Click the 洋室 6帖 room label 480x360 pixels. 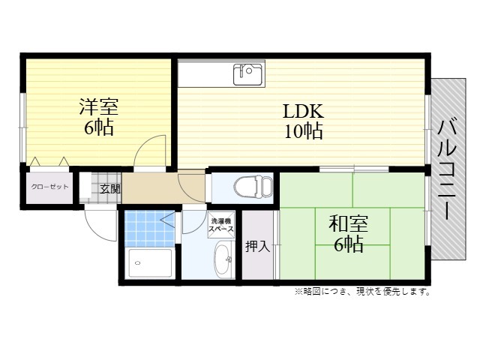click(x=98, y=116)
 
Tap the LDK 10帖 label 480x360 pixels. click(x=303, y=121)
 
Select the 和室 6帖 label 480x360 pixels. click(x=348, y=233)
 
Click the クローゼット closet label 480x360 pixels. click(x=50, y=187)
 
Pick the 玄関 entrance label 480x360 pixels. click(x=110, y=189)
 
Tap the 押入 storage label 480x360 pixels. click(x=258, y=247)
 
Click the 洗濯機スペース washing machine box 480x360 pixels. click(x=221, y=224)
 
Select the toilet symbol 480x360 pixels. click(x=253, y=187)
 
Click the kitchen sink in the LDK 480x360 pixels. click(x=248, y=74)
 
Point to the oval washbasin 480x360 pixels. click(x=223, y=259)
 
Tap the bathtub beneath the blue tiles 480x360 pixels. click(x=150, y=263)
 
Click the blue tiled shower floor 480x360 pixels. click(x=150, y=229)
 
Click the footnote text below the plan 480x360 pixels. click(x=363, y=292)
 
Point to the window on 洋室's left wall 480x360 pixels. click(x=22, y=127)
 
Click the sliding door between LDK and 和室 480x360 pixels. click(x=354, y=169)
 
